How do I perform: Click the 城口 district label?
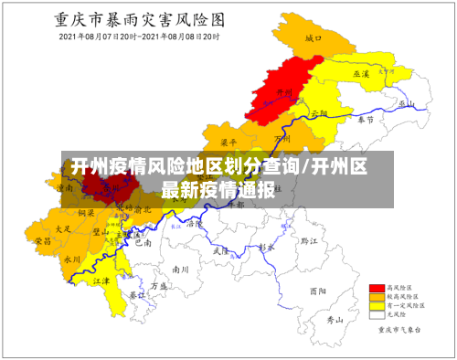(314, 38)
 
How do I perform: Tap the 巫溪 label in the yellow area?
(360, 72)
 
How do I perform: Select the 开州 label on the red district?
(282, 91)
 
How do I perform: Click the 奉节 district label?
(365, 120)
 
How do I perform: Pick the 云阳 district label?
(318, 113)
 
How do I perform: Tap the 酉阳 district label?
(317, 291)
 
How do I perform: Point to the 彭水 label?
(266, 247)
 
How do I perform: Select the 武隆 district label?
(220, 249)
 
